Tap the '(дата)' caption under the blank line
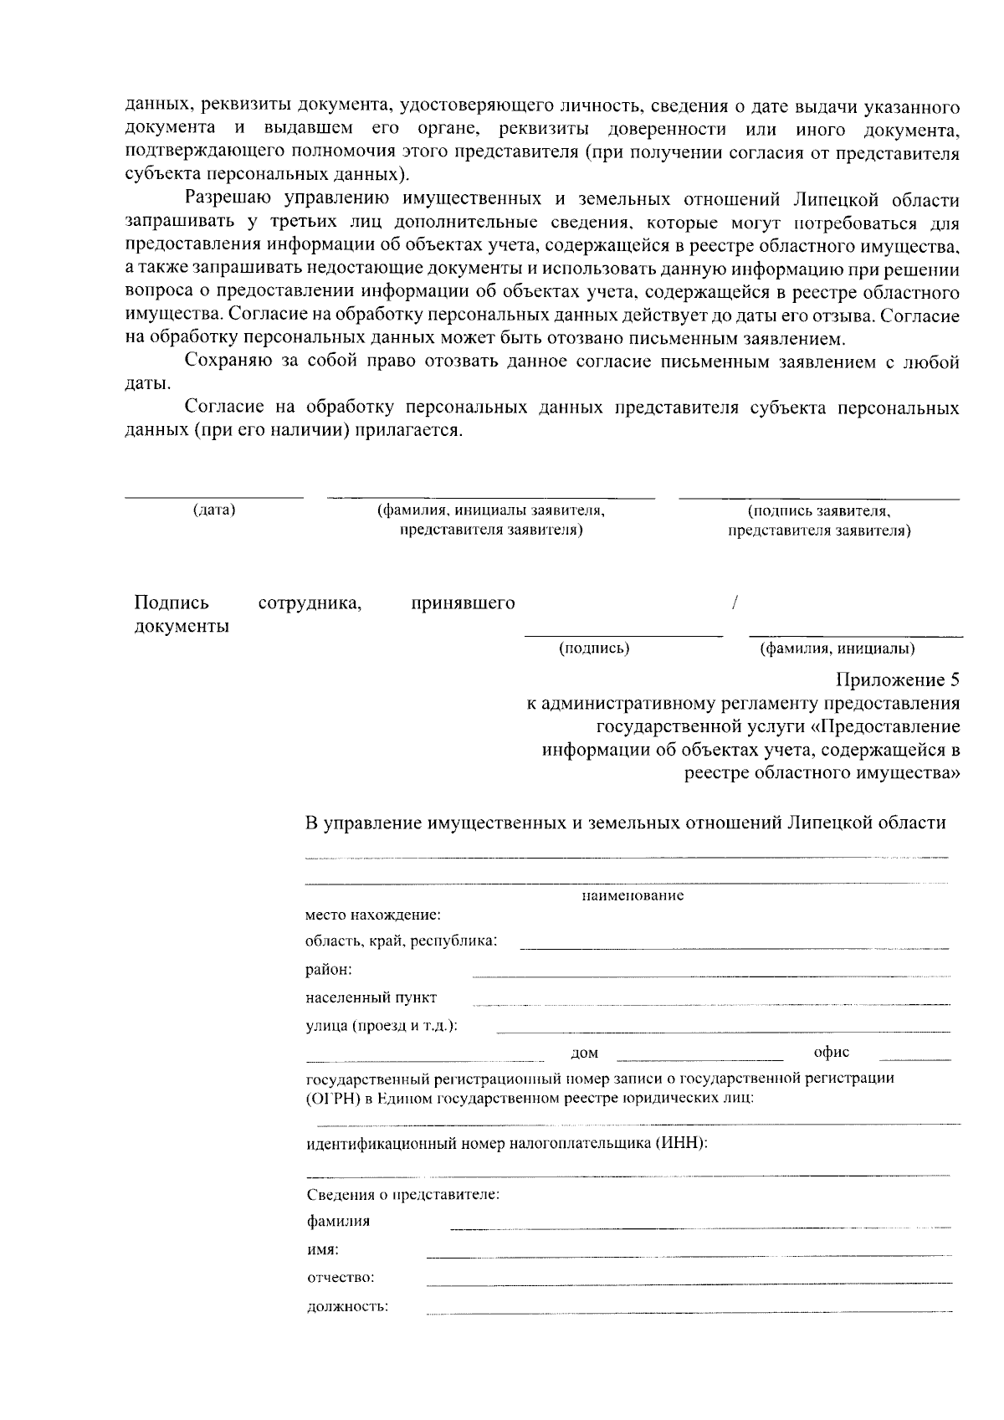tap(214, 510)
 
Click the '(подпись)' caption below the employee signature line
tap(594, 648)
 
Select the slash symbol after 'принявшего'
tap(734, 603)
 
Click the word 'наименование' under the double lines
tap(633, 896)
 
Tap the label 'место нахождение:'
tap(372, 915)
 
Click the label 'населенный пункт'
tap(371, 997)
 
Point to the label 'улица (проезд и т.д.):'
tap(382, 1026)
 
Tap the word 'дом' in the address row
tap(584, 1053)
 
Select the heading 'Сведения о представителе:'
tap(402, 1194)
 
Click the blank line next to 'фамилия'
tap(699, 1228)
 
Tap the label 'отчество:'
tap(340, 1278)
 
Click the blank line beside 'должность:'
tap(689, 1313)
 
